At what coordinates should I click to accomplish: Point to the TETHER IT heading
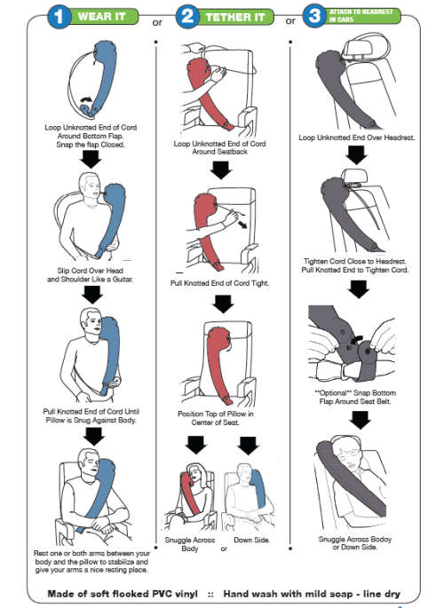point(238,17)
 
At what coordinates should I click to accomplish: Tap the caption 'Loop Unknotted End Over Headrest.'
point(355,138)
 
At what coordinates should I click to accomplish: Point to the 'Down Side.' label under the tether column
point(252,540)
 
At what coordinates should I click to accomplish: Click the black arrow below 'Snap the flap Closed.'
point(90,160)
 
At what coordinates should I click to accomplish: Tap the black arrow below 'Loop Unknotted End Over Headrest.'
point(356,154)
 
